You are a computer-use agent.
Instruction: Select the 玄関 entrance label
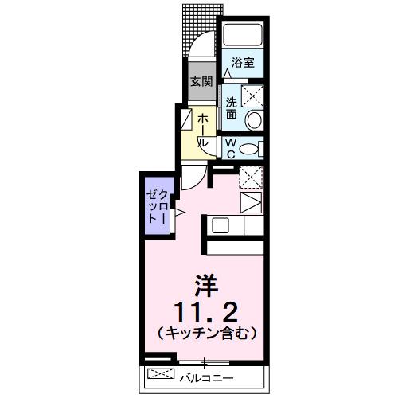tap(200, 80)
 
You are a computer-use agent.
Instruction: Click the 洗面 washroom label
tap(230, 107)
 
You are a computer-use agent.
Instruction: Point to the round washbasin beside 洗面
tap(253, 120)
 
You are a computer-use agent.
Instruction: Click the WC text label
tap(230, 149)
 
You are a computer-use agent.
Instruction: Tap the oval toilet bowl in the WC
tap(249, 149)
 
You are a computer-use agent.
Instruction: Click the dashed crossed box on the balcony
tap(161, 374)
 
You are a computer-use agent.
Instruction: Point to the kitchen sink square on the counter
tap(219, 224)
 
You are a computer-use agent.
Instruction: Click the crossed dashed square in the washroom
tap(253, 97)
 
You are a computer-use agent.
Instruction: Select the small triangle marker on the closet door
tap(180, 212)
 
